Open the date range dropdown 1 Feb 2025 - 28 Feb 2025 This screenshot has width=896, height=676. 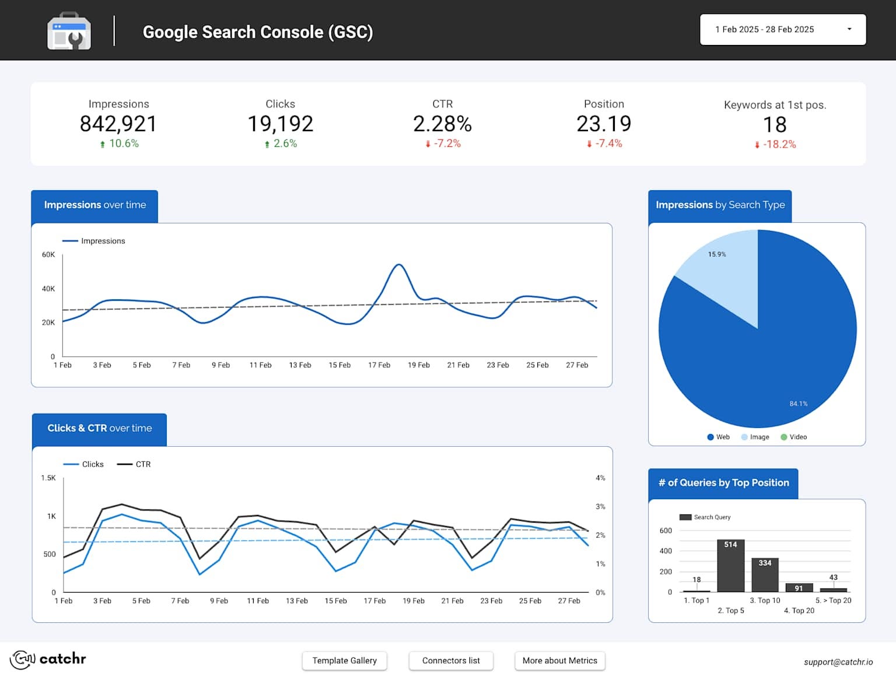[x=782, y=30]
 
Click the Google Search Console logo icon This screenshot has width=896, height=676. [x=69, y=31]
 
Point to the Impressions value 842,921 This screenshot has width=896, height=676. [x=118, y=124]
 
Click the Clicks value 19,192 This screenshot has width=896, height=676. [x=280, y=124]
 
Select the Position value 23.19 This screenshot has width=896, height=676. [x=604, y=124]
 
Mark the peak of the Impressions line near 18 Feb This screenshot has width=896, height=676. [x=398, y=265]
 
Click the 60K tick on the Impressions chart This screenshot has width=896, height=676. [x=48, y=255]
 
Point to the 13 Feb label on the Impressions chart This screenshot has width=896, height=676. [x=300, y=365]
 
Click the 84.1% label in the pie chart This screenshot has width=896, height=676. [x=798, y=404]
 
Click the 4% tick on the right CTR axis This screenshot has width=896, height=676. [x=600, y=478]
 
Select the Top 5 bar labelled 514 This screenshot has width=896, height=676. [x=730, y=566]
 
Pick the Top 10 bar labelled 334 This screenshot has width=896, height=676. [x=765, y=575]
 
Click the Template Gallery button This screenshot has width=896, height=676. [x=344, y=661]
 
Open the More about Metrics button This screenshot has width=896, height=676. [x=559, y=661]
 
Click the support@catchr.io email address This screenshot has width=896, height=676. [x=838, y=662]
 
